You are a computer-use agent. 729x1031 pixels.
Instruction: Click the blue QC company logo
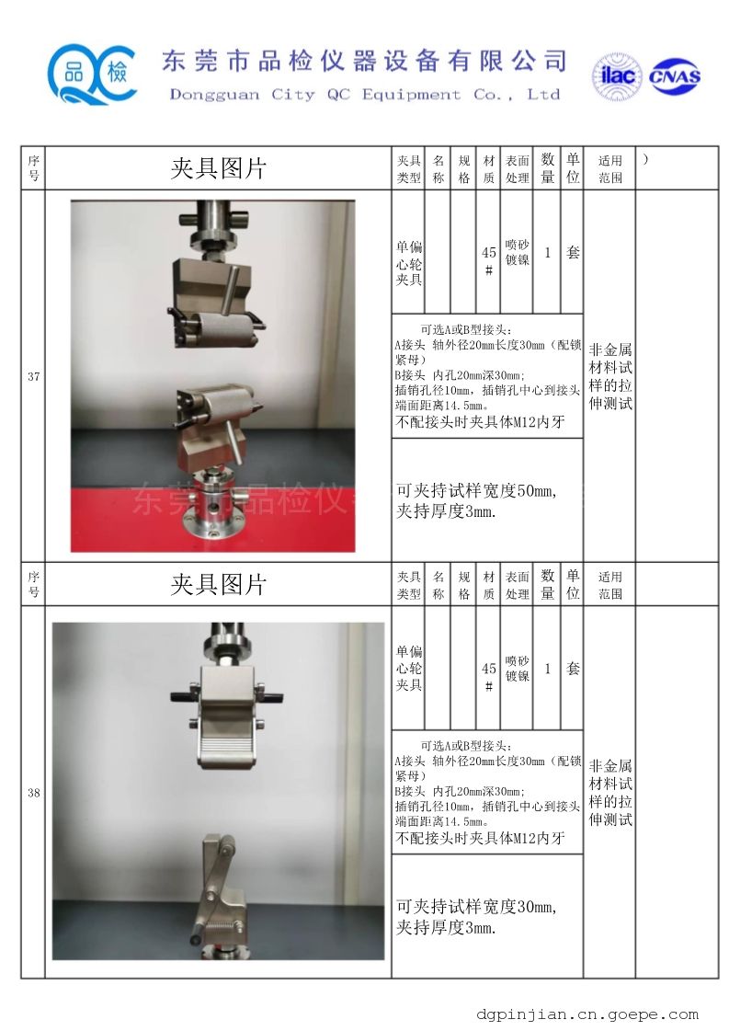[x=92, y=74]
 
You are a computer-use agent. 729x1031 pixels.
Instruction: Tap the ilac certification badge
[x=617, y=77]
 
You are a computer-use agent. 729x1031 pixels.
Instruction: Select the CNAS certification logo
[x=675, y=76]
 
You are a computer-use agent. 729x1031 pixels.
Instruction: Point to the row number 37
[x=33, y=377]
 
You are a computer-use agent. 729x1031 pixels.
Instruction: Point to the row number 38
[x=33, y=793]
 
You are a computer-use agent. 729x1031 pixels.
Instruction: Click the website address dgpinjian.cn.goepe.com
[x=587, y=1015]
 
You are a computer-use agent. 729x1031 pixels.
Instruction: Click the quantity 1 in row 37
[x=548, y=253]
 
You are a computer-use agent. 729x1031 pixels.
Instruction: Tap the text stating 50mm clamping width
[x=476, y=490]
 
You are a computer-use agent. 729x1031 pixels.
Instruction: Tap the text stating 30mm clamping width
[x=476, y=907]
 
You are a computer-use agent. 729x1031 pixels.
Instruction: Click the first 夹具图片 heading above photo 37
[x=218, y=168]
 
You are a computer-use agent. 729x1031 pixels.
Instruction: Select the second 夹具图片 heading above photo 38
[x=218, y=585]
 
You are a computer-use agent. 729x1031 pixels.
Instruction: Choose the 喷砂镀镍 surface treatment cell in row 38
[x=518, y=669]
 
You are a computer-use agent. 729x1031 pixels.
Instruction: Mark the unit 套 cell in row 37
[x=573, y=253]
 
